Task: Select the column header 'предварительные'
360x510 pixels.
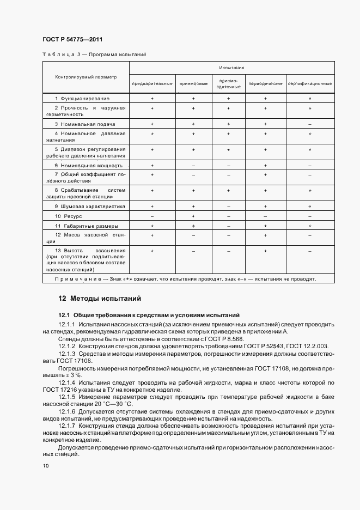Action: click(152, 83)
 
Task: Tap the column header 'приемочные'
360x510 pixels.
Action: click(193, 83)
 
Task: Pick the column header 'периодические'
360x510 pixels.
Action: click(265, 83)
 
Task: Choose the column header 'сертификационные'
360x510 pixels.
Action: click(309, 83)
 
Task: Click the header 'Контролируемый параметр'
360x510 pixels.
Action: click(86, 77)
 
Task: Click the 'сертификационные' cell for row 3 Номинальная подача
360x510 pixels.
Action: click(309, 124)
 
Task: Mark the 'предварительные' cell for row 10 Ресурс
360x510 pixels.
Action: click(152, 216)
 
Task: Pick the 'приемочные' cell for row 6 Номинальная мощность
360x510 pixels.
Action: click(193, 165)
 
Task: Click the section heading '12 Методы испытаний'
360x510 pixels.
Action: click(100, 299)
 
